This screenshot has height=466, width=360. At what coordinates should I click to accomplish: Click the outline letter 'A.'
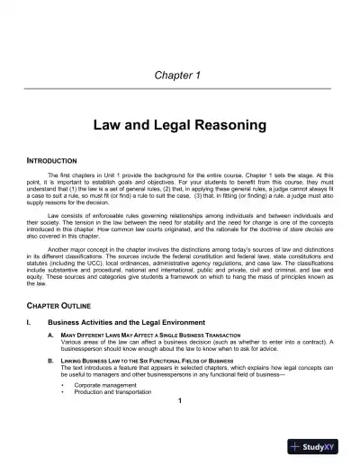pos(63,336)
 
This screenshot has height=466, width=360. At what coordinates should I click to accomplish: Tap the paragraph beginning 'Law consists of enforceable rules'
pos(180,226)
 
